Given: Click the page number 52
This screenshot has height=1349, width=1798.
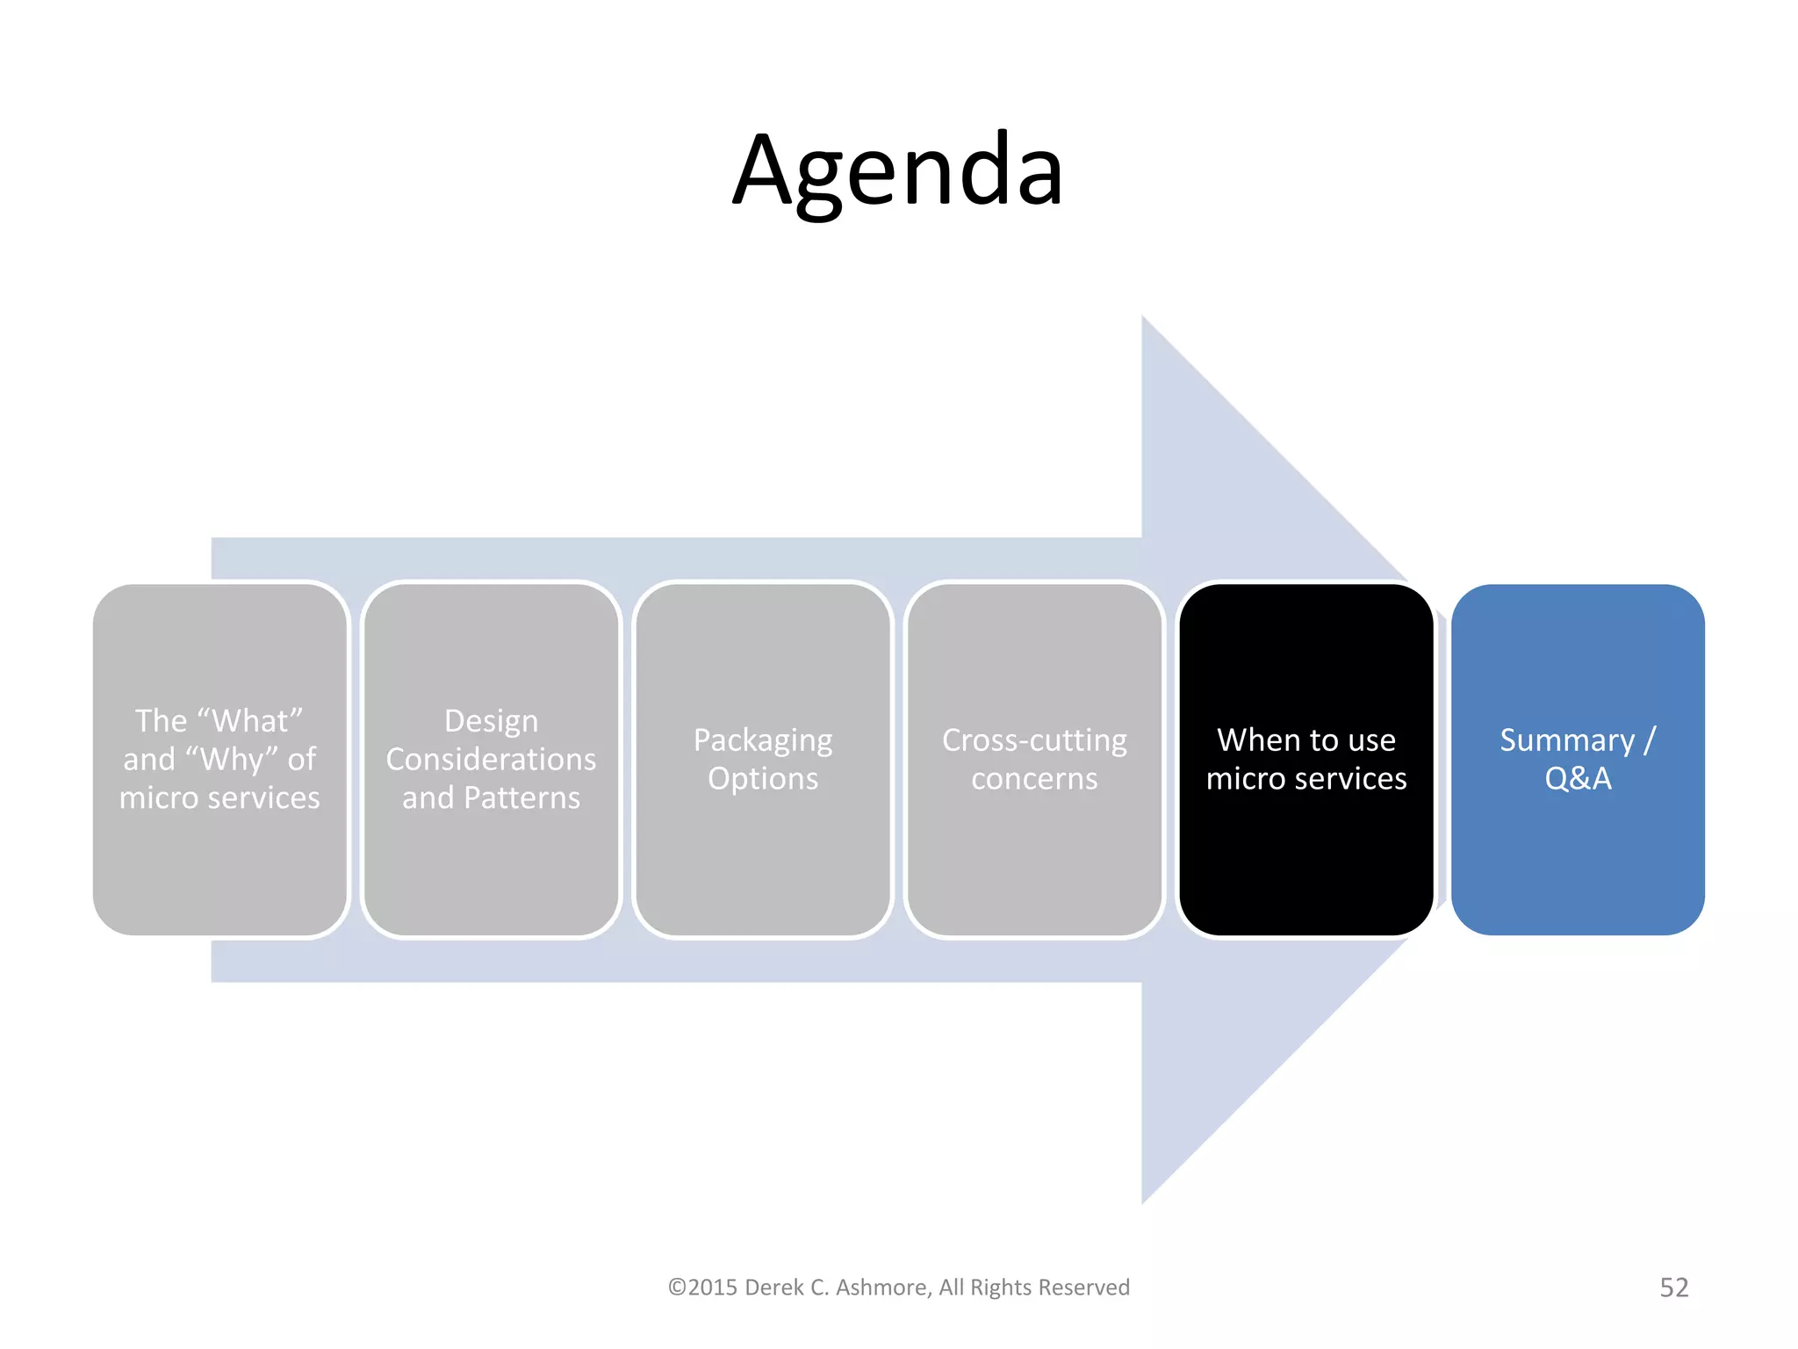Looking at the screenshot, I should click(1673, 1288).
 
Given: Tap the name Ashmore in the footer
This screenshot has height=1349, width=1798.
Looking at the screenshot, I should click(882, 1288).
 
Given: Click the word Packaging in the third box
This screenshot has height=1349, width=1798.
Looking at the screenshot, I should click(762, 741).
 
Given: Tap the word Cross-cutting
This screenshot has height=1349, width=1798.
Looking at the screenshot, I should click(1034, 740).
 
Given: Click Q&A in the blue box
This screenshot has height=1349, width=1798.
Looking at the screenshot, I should click(1578, 779).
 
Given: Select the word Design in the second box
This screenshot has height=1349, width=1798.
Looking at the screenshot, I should click(491, 721).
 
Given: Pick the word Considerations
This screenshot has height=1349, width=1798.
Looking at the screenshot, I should click(491, 759).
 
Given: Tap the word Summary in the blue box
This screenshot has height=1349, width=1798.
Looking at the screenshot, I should click(1567, 740).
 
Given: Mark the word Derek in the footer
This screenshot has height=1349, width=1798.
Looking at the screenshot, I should click(773, 1288).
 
